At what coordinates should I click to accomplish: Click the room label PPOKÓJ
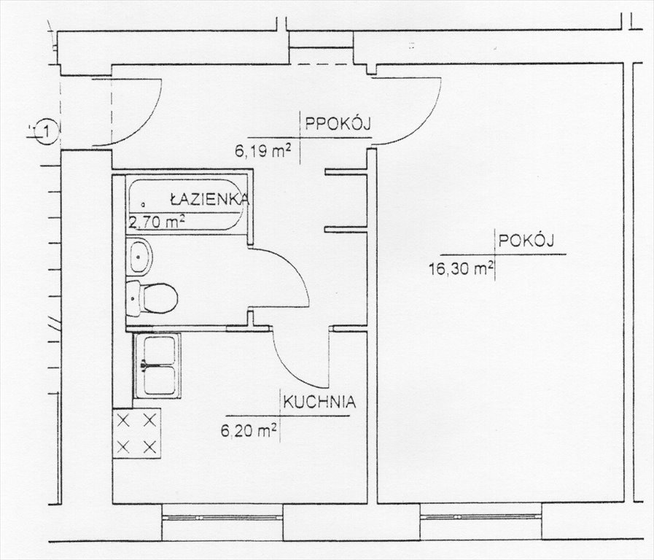(338, 124)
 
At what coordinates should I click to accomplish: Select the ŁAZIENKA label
(210, 198)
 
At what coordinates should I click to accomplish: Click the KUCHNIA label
(319, 402)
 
